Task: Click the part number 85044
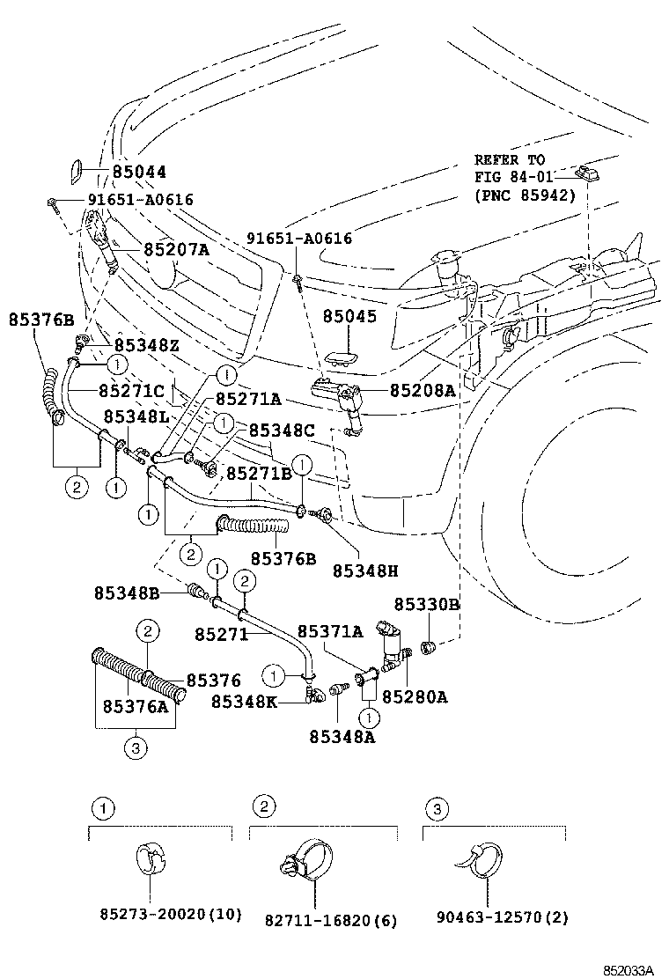[138, 172]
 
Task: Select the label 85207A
[176, 249]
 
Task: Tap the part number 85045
[349, 316]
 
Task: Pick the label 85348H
[365, 570]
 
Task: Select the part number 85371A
[329, 631]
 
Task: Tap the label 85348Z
[146, 346]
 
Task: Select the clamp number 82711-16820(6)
[330, 920]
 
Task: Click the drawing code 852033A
[629, 970]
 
